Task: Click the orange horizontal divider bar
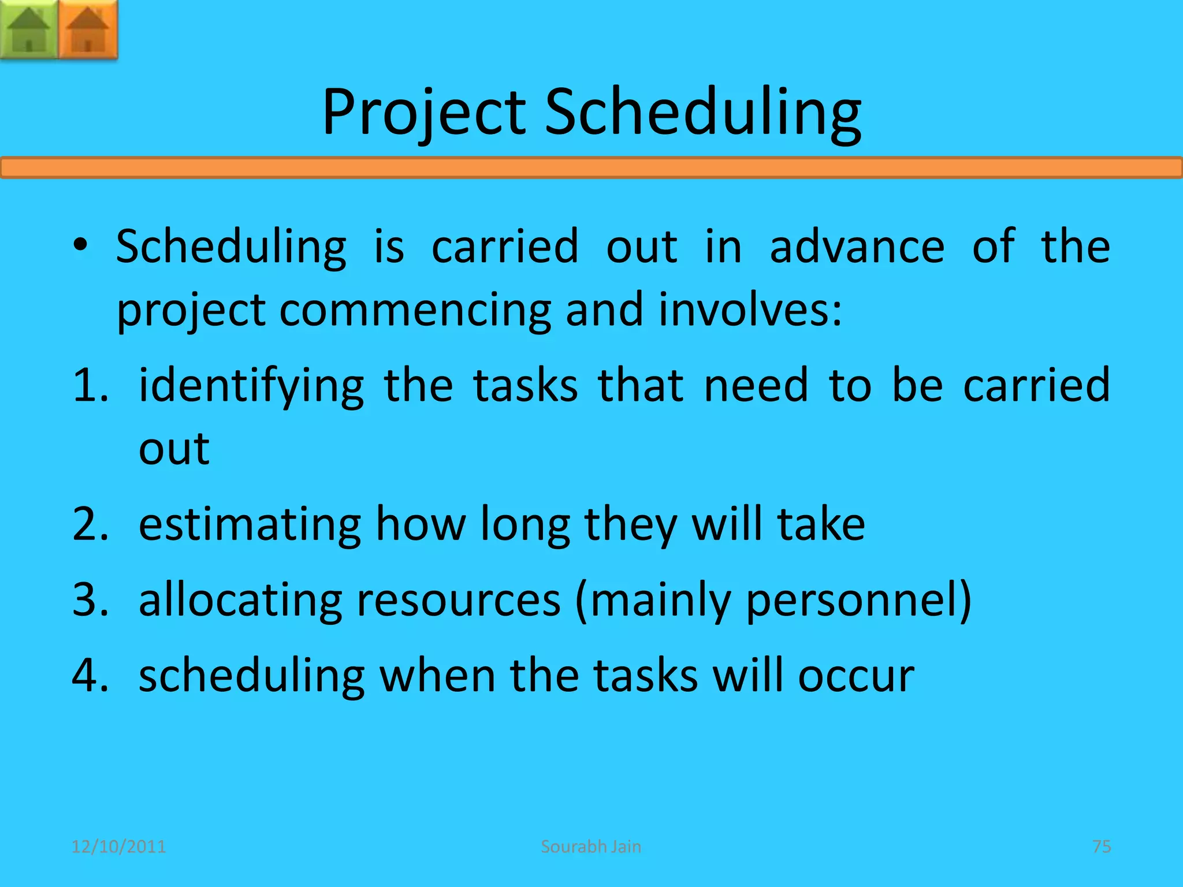pos(591,168)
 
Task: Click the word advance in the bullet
pos(857,247)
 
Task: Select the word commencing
pos(415,310)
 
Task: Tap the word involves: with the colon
pos(750,310)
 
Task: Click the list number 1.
pos(90,385)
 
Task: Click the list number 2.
pos(90,524)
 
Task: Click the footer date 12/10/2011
pos(118,847)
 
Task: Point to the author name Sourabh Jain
pos(591,847)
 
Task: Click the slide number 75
pos(1102,847)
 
